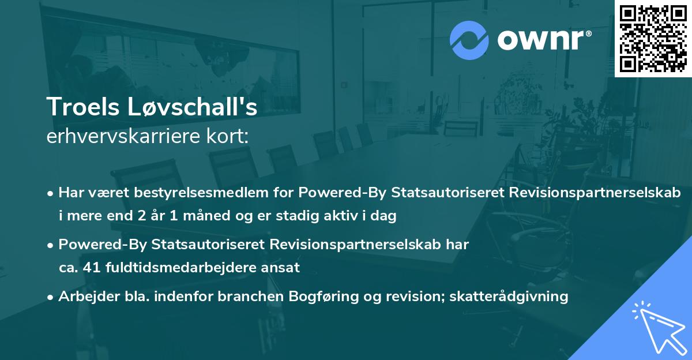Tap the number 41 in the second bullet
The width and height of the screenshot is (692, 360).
pyautogui.click(x=87, y=268)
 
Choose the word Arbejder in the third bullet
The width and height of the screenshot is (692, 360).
pyautogui.click(x=83, y=297)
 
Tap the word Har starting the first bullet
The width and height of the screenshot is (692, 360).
pyautogui.click(x=71, y=193)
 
